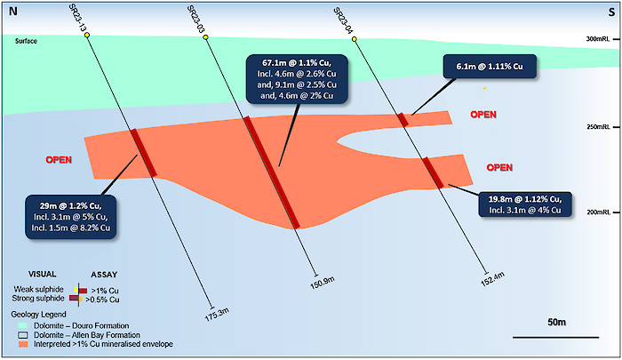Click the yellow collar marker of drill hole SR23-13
click(87, 36)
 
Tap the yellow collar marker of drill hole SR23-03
click(205, 37)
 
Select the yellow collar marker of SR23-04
click(355, 39)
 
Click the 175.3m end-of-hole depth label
click(217, 315)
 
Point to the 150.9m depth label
click(322, 282)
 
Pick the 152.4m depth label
click(492, 278)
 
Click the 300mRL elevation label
click(598, 39)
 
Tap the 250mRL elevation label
click(598, 127)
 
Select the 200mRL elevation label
click(598, 212)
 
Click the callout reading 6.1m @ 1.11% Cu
click(490, 67)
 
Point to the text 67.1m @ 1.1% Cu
click(297, 63)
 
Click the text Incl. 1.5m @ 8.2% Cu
click(71, 228)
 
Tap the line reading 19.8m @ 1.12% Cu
click(525, 199)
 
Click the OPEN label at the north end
click(59, 160)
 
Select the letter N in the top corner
click(13, 12)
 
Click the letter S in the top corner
click(611, 12)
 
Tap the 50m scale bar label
click(556, 323)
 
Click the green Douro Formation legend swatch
click(23, 326)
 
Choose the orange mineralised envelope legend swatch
click(23, 344)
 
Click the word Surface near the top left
click(26, 41)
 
